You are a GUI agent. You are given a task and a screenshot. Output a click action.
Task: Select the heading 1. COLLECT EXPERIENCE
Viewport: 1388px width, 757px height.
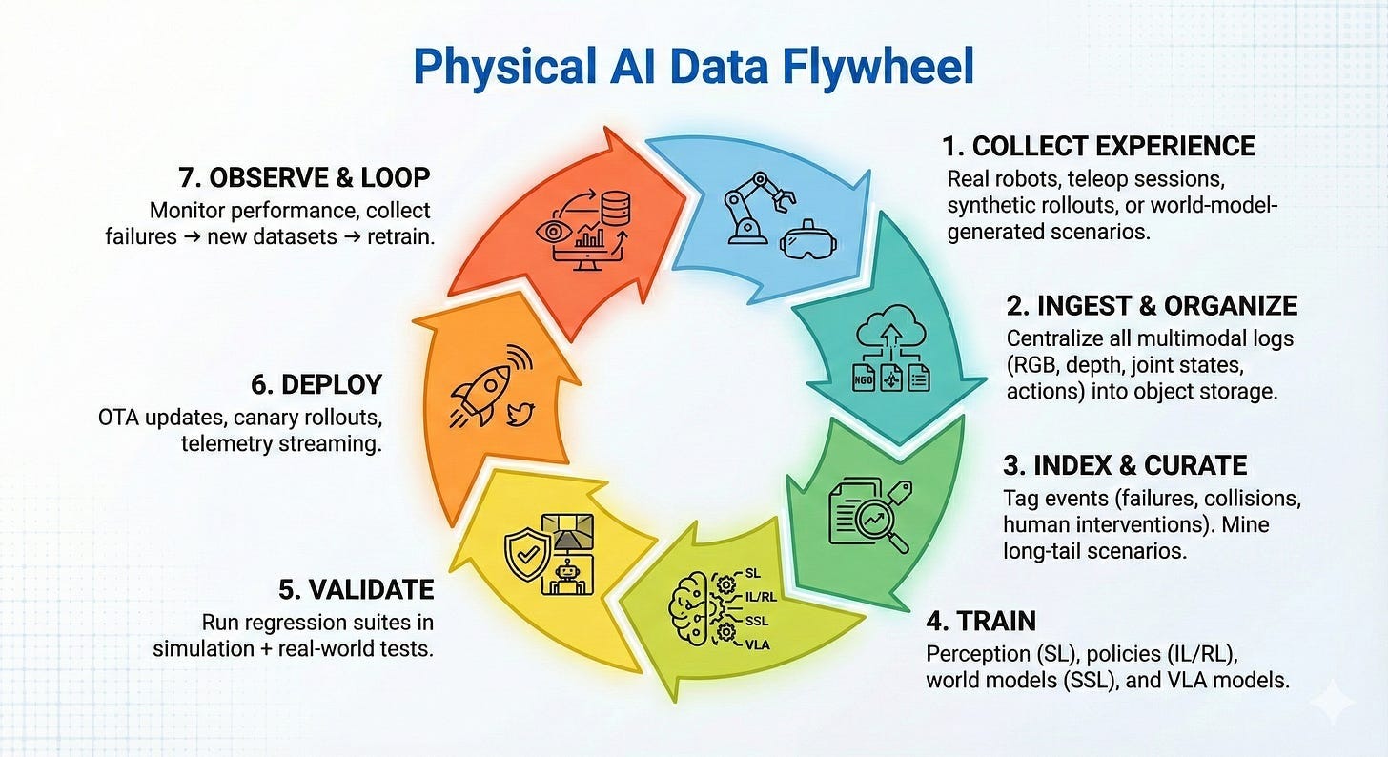pos(1098,146)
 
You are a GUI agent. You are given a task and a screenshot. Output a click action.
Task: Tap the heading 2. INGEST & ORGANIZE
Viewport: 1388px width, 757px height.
pos(1152,305)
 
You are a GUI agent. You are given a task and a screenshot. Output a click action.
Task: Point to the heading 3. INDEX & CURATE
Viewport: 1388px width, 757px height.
pos(1125,465)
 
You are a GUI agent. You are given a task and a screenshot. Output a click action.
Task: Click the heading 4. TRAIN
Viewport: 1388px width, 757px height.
pos(981,622)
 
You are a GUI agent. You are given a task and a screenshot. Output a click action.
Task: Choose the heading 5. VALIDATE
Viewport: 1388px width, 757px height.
pos(357,589)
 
